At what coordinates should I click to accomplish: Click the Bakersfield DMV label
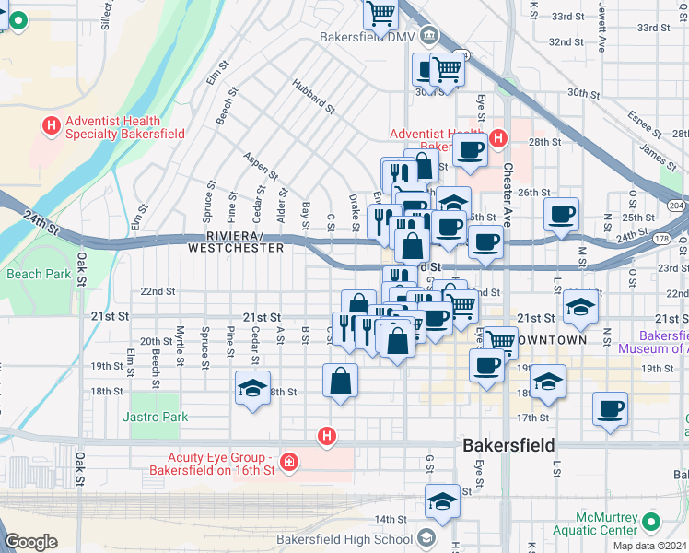[x=367, y=38]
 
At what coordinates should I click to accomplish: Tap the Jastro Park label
[x=155, y=418]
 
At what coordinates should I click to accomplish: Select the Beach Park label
[x=38, y=274]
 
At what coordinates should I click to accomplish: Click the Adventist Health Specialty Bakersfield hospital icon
[x=51, y=124]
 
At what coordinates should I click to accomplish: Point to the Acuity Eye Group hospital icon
[x=289, y=460]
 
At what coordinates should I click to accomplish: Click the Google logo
[x=30, y=542]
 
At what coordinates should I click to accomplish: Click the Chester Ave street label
[x=508, y=194]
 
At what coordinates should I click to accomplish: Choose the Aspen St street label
[x=262, y=166]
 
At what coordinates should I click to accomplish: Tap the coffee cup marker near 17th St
[x=609, y=408]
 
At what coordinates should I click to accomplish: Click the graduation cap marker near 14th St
[x=443, y=501]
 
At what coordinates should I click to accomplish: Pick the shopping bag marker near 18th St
[x=340, y=381]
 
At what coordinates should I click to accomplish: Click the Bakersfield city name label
[x=508, y=445]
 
